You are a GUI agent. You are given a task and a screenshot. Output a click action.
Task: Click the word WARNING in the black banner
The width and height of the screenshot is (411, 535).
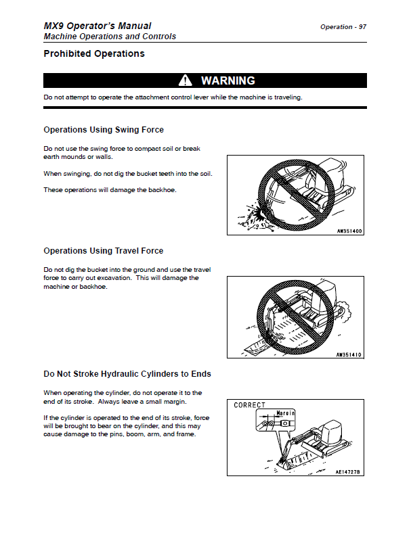point(228,80)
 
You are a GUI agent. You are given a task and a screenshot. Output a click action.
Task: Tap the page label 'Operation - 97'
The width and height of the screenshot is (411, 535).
point(343,27)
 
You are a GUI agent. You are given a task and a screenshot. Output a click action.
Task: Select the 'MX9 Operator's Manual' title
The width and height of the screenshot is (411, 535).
point(98,26)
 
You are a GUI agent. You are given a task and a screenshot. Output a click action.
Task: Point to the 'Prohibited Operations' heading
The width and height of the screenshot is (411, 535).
point(93,53)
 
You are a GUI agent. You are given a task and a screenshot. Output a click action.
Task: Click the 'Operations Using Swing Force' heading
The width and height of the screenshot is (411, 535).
point(104,129)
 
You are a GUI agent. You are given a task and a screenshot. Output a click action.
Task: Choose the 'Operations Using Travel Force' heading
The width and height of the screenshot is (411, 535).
point(104,251)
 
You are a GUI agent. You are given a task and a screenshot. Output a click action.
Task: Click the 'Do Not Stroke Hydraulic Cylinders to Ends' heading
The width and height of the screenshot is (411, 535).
point(127,373)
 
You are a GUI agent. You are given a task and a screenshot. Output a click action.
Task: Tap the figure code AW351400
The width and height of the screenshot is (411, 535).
point(349,231)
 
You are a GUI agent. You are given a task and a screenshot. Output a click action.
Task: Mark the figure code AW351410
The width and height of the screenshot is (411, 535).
point(349,354)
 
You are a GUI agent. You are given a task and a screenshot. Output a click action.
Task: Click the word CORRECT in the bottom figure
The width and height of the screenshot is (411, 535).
point(250,405)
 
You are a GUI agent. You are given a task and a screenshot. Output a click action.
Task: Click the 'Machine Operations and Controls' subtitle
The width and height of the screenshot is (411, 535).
point(110,37)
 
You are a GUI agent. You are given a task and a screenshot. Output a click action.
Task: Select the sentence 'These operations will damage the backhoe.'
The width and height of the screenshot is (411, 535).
point(110,190)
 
